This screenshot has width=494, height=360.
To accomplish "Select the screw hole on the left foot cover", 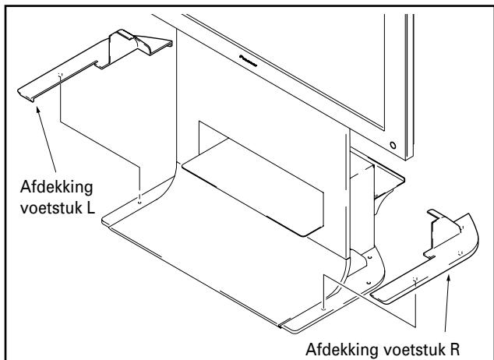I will coord(60,75).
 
